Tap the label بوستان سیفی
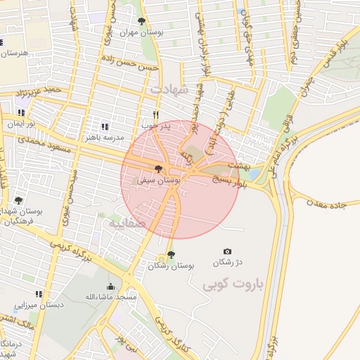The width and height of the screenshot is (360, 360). pyautogui.click(x=161, y=181)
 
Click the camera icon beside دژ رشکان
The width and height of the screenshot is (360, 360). pyautogui.click(x=227, y=251)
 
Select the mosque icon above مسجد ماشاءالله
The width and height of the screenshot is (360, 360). pyautogui.click(x=110, y=286)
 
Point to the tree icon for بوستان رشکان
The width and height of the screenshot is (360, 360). pyautogui.click(x=172, y=255)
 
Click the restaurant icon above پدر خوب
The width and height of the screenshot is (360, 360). pyautogui.click(x=156, y=115)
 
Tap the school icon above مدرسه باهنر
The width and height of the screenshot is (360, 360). pyautogui.click(x=104, y=127)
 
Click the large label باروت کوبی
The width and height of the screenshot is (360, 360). pyautogui.click(x=232, y=285)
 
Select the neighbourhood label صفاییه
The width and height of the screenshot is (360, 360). pyautogui.click(x=124, y=224)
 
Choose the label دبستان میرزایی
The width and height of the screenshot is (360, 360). pyautogui.click(x=39, y=305)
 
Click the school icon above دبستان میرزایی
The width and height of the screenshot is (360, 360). pyautogui.click(x=39, y=294)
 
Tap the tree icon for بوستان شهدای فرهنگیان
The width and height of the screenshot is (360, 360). pyautogui.click(x=18, y=200)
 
